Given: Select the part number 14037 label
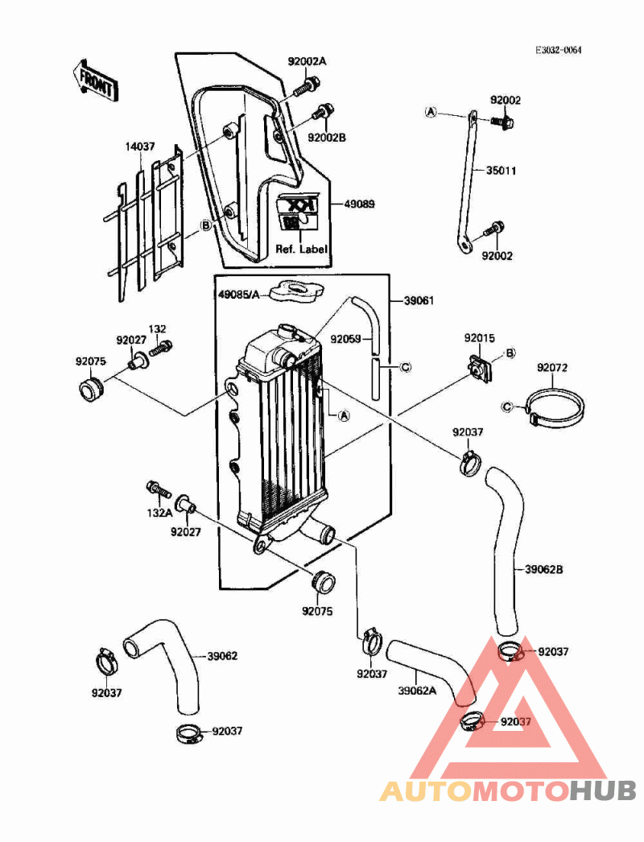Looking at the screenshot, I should click(138, 148).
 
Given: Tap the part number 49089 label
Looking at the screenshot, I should click(352, 204).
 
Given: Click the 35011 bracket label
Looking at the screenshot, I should click(501, 171).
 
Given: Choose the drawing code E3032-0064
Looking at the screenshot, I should click(558, 50).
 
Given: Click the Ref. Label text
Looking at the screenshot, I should click(302, 250).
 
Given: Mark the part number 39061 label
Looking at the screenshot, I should click(419, 300).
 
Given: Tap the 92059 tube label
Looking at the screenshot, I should click(345, 339).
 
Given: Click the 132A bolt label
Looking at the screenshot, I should click(159, 513).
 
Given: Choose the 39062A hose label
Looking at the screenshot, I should click(417, 690).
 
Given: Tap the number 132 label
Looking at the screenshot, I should click(157, 329).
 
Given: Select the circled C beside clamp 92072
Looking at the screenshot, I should click(507, 407).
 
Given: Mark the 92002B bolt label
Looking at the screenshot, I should click(327, 138).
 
